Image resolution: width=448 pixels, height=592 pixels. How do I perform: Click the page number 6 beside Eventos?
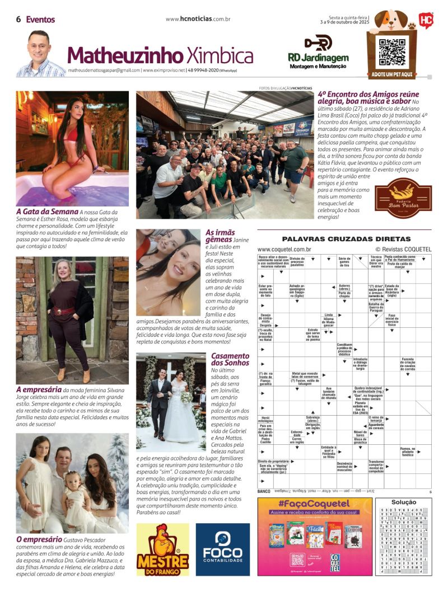click(18, 19)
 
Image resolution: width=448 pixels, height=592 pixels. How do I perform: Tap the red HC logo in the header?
click(426, 21)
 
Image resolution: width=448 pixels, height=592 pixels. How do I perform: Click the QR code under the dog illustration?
click(391, 53)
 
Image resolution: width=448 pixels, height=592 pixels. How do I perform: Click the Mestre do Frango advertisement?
click(162, 549)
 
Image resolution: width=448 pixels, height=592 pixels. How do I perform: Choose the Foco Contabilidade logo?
click(222, 549)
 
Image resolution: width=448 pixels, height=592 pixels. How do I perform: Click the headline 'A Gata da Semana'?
click(47, 212)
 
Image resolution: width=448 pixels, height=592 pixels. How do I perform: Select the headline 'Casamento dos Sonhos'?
click(230, 359)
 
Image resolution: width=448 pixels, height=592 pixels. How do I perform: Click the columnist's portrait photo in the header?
click(39, 54)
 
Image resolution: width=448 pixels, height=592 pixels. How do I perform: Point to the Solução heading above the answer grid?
click(403, 502)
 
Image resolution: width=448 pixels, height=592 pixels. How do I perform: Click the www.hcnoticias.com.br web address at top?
click(198, 19)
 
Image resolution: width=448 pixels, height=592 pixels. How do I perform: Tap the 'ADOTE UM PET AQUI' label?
click(391, 74)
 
